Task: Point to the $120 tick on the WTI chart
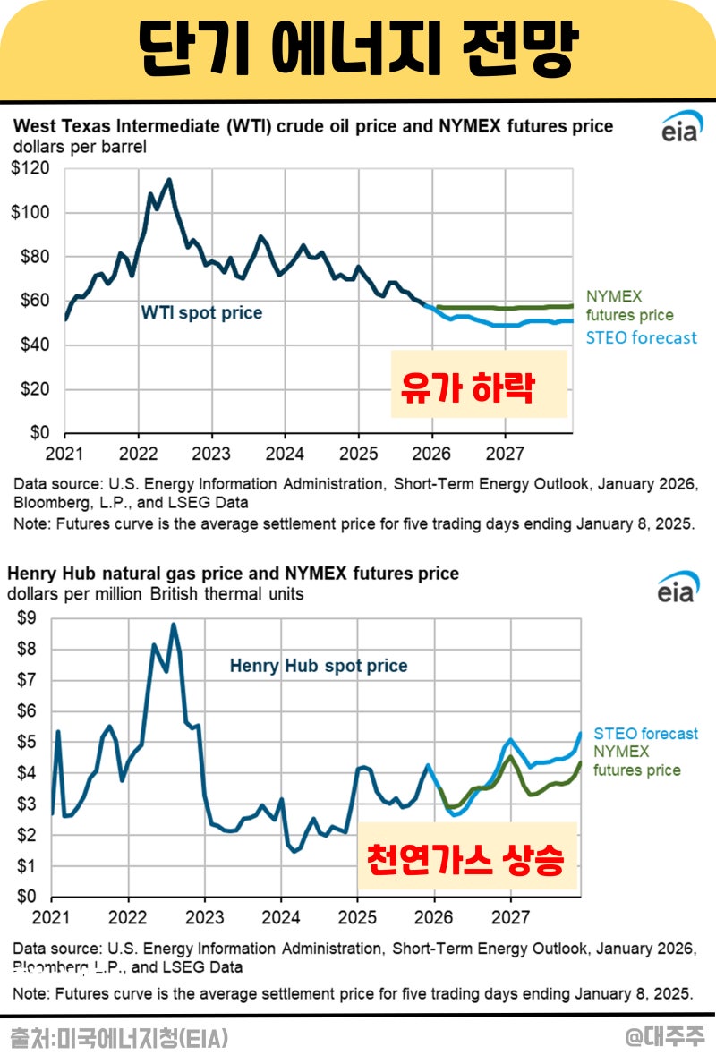pos(30,169)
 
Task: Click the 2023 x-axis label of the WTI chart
pos(212,452)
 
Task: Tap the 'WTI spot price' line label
pos(201,313)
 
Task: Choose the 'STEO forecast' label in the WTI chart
pos(641,338)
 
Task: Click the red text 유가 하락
pos(467,389)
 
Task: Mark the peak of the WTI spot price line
pos(169,180)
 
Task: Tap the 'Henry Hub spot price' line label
pos(318,667)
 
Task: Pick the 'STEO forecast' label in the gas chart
pos(644,734)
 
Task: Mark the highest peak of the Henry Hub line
pos(174,625)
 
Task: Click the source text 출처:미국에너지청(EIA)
pos(119,1038)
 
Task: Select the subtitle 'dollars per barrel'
pos(80,146)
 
